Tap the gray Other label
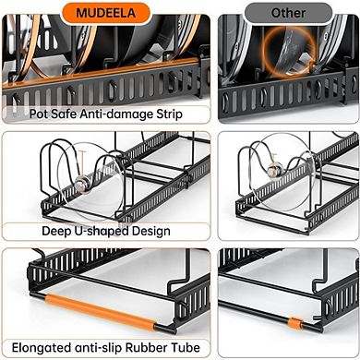288,13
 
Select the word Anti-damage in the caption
106,114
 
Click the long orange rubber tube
102,311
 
